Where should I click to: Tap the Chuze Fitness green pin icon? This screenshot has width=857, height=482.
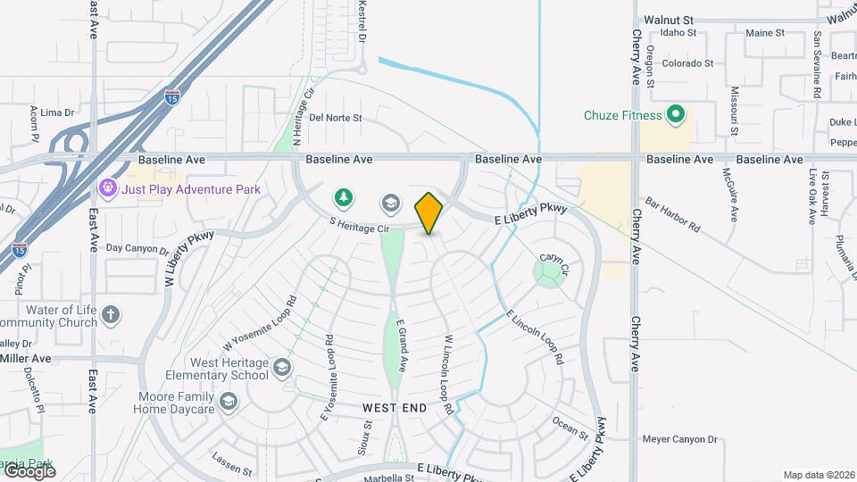pyautogui.click(x=676, y=114)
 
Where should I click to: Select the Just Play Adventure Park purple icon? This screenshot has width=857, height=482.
pyautogui.click(x=108, y=188)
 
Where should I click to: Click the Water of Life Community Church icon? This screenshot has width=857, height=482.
pyautogui.click(x=111, y=315)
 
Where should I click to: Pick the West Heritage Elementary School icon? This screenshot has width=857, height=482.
pyautogui.click(x=282, y=368)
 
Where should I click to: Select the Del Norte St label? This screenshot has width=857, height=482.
pyautogui.click(x=336, y=117)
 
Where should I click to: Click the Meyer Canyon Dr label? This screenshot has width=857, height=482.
pyautogui.click(x=680, y=439)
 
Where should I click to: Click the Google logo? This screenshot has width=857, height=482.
pyautogui.click(x=29, y=470)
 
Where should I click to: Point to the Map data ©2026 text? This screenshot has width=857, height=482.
pyautogui.click(x=818, y=475)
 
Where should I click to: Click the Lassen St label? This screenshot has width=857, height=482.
pyautogui.click(x=227, y=460)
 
